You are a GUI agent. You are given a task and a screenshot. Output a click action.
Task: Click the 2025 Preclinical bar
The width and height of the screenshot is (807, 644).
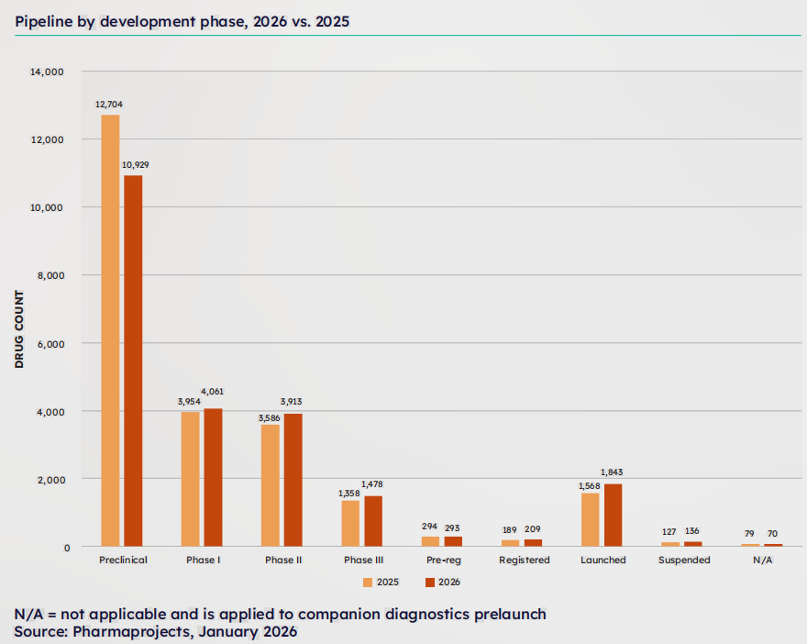(110, 330)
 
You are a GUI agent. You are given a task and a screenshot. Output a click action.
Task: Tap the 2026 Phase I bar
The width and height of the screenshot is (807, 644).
(213, 477)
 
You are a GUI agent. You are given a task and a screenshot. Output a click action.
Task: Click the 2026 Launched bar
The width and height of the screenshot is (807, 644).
(614, 515)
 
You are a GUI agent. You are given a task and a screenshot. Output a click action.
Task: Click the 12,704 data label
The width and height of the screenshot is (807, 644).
(108, 105)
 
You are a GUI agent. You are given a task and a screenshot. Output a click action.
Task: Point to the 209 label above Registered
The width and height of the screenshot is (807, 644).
(534, 529)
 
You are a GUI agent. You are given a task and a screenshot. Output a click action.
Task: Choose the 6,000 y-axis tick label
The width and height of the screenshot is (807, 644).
(47, 343)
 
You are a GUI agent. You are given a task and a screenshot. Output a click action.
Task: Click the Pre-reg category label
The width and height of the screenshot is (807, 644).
(443, 560)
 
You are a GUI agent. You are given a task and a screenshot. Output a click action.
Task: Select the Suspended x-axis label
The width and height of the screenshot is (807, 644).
(684, 560)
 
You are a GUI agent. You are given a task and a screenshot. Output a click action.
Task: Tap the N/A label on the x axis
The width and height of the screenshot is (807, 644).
(763, 560)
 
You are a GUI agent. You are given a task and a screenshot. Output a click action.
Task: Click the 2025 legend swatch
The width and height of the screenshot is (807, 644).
(369, 583)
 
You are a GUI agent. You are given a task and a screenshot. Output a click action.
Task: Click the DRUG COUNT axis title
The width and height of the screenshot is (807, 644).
(19, 328)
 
